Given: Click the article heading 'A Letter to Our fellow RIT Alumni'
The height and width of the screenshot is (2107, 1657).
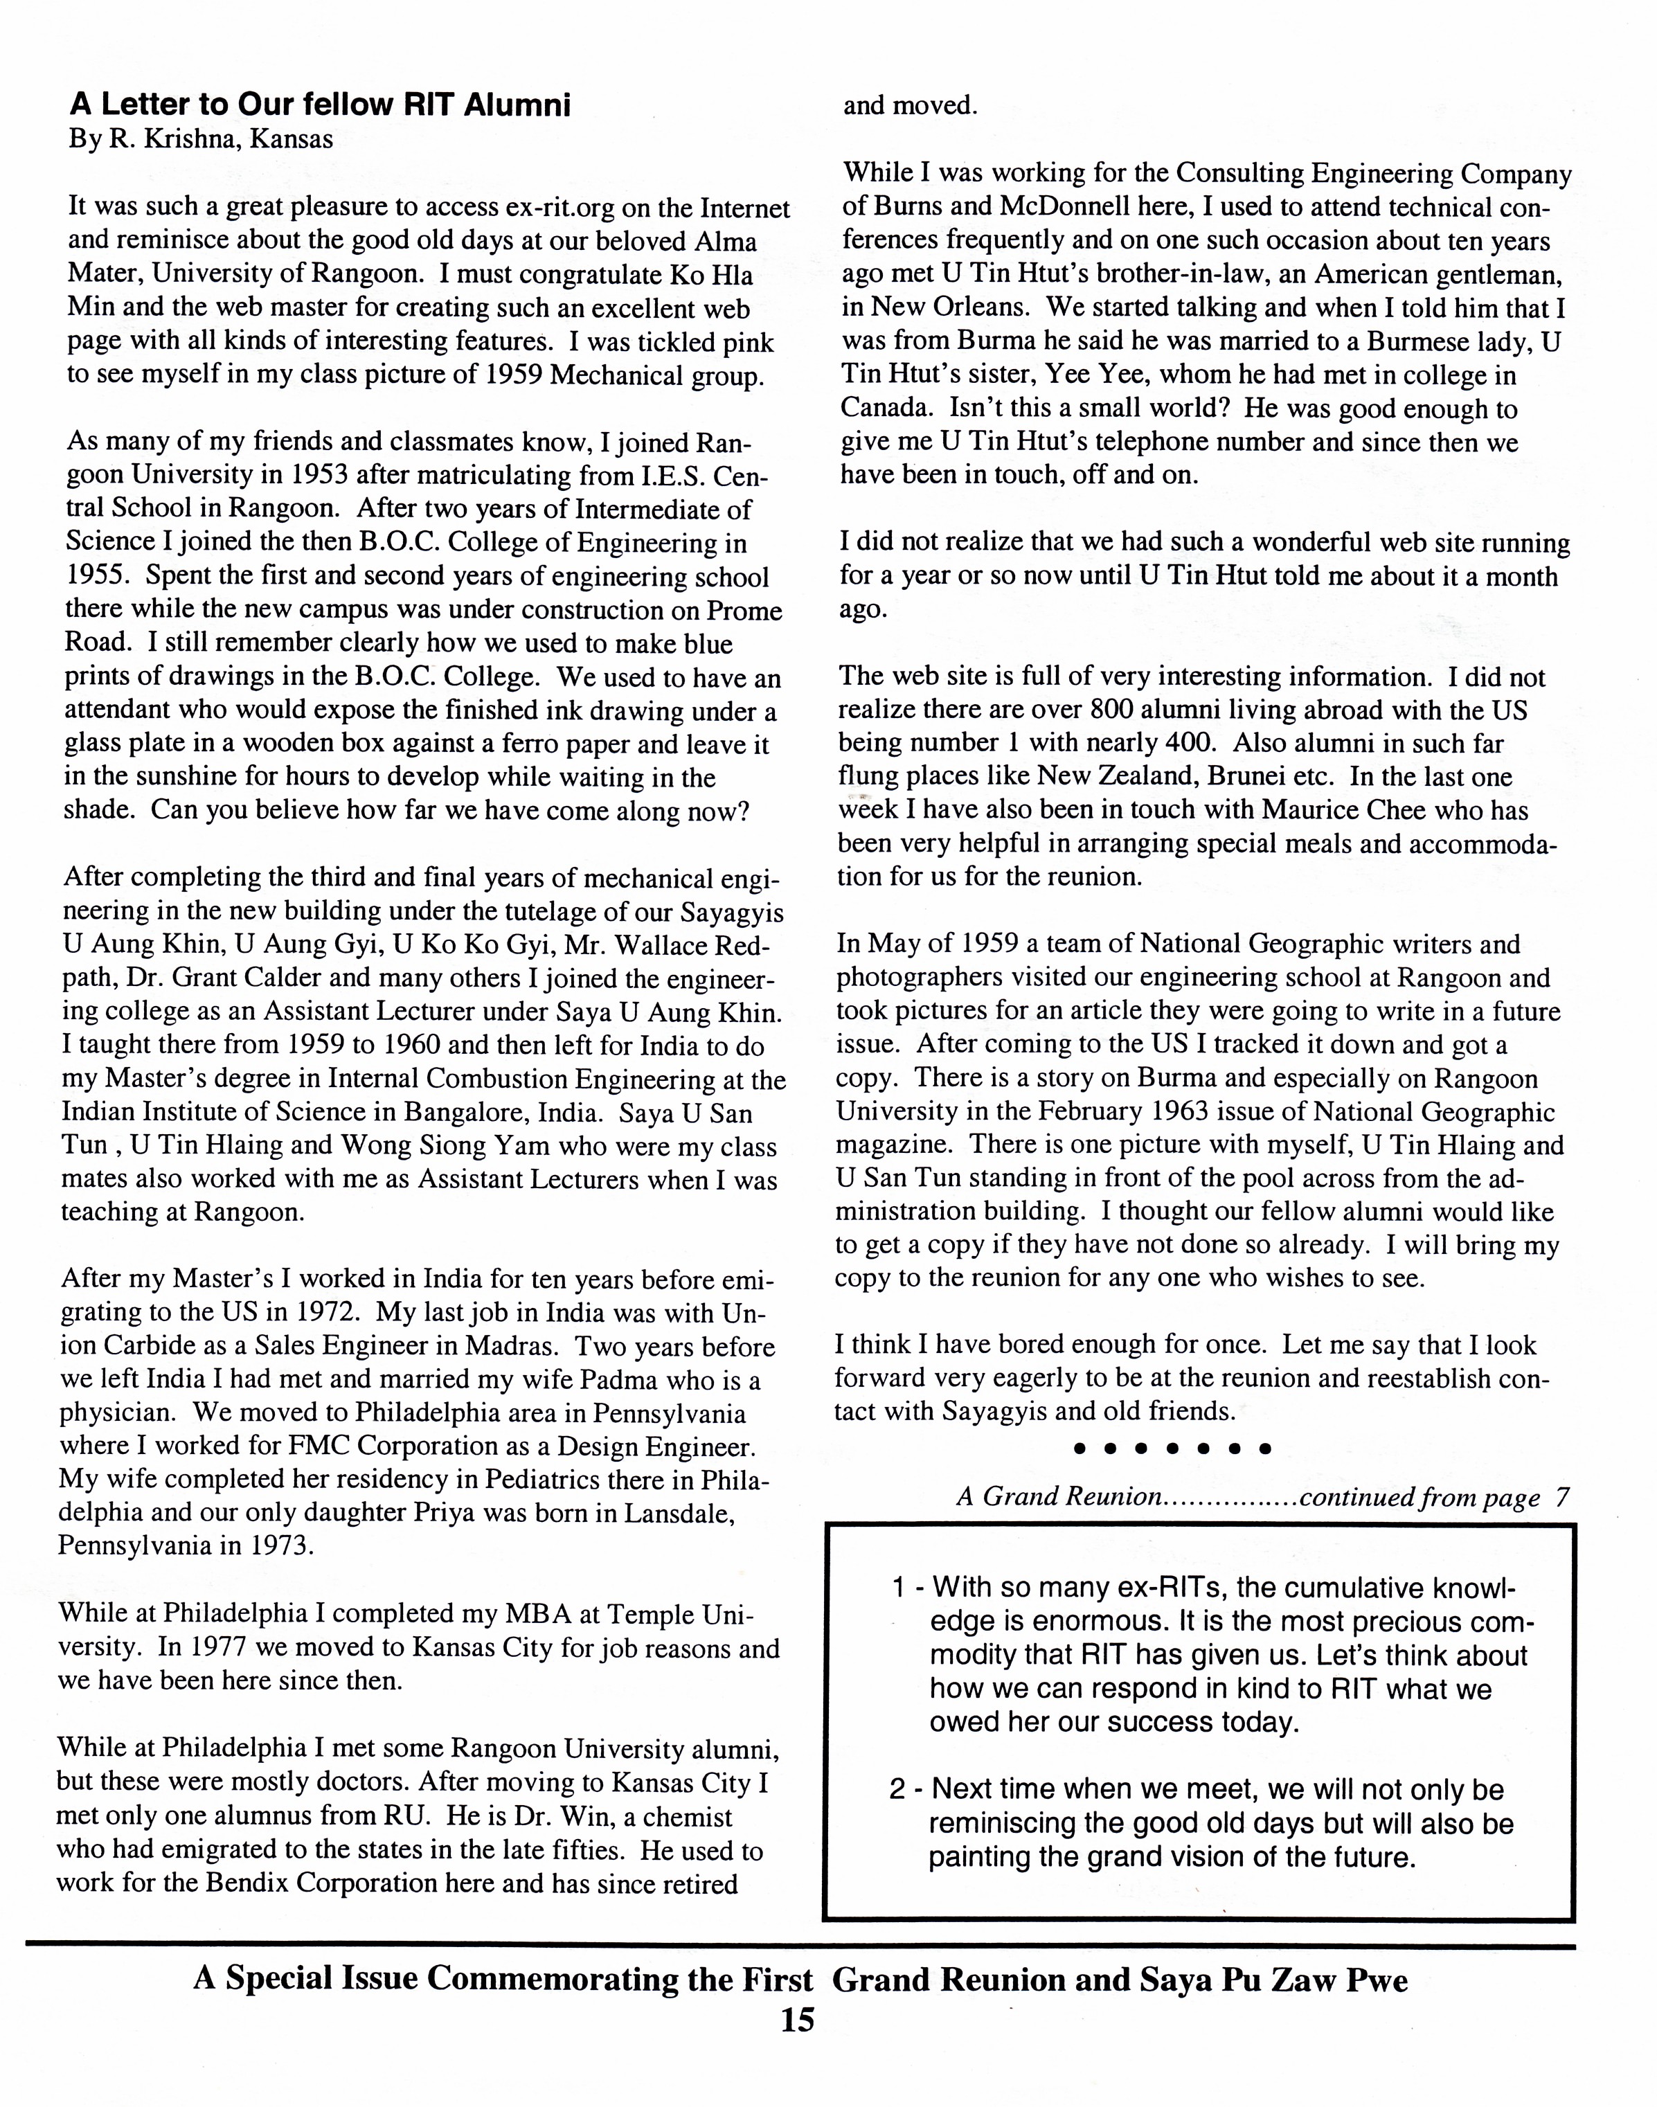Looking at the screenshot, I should [x=320, y=105].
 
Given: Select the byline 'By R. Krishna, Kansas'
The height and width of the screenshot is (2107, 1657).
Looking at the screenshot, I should [x=201, y=140].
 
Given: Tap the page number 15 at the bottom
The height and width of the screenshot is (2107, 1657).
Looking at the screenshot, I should [x=798, y=2020].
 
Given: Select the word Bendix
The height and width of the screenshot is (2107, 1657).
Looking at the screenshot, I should [x=244, y=1884].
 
